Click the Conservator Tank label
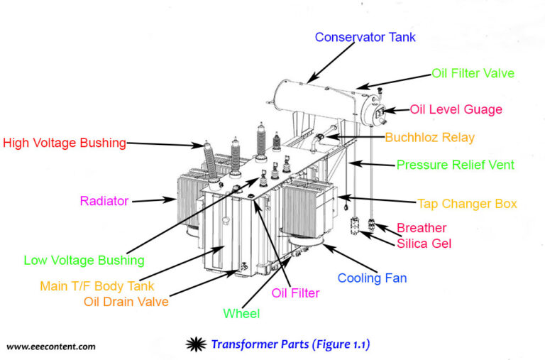(365, 37)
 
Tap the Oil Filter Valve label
(473, 73)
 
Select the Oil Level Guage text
(456, 109)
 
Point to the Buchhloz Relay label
(429, 137)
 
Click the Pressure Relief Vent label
(455, 165)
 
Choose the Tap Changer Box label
(467, 204)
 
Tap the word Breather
(422, 228)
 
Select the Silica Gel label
(424, 244)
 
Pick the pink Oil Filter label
(295, 293)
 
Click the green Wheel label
(241, 313)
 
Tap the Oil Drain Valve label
(126, 301)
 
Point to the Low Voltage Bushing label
(84, 260)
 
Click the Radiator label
(104, 201)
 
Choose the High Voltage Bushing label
(65, 143)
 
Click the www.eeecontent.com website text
(50, 347)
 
